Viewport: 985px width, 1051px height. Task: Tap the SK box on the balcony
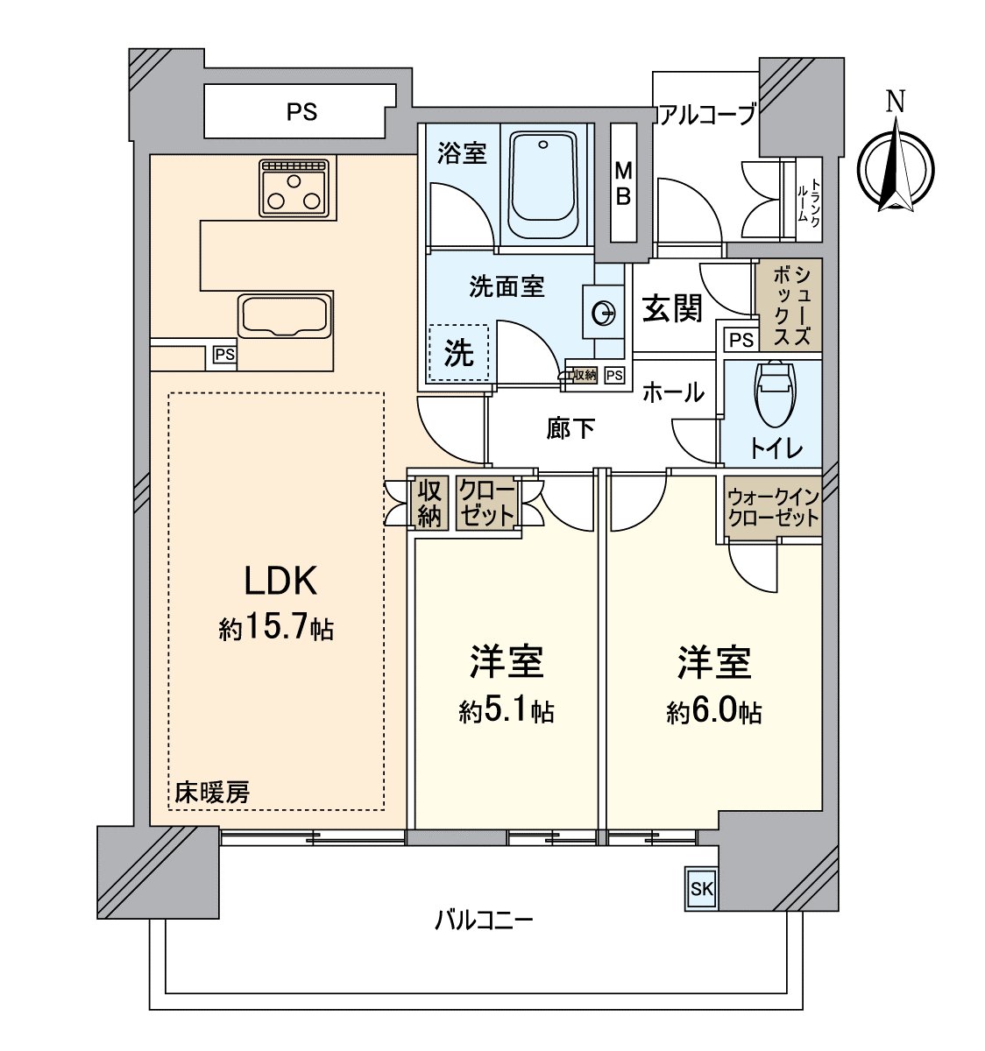(701, 890)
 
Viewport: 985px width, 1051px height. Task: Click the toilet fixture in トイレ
(775, 384)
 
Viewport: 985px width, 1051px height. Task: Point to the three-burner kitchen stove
(297, 188)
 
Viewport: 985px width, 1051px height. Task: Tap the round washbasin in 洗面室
(603, 313)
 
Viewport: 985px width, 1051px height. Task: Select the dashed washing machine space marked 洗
(458, 352)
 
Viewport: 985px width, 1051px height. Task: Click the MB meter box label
(623, 183)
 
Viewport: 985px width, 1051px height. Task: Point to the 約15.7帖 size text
(276, 628)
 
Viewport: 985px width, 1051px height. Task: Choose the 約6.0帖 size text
(713, 710)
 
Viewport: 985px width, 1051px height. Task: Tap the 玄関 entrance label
(672, 308)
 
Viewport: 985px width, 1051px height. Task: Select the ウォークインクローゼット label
(773, 507)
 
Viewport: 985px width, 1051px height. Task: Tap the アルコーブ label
(705, 115)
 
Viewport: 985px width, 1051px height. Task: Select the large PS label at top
(301, 112)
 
